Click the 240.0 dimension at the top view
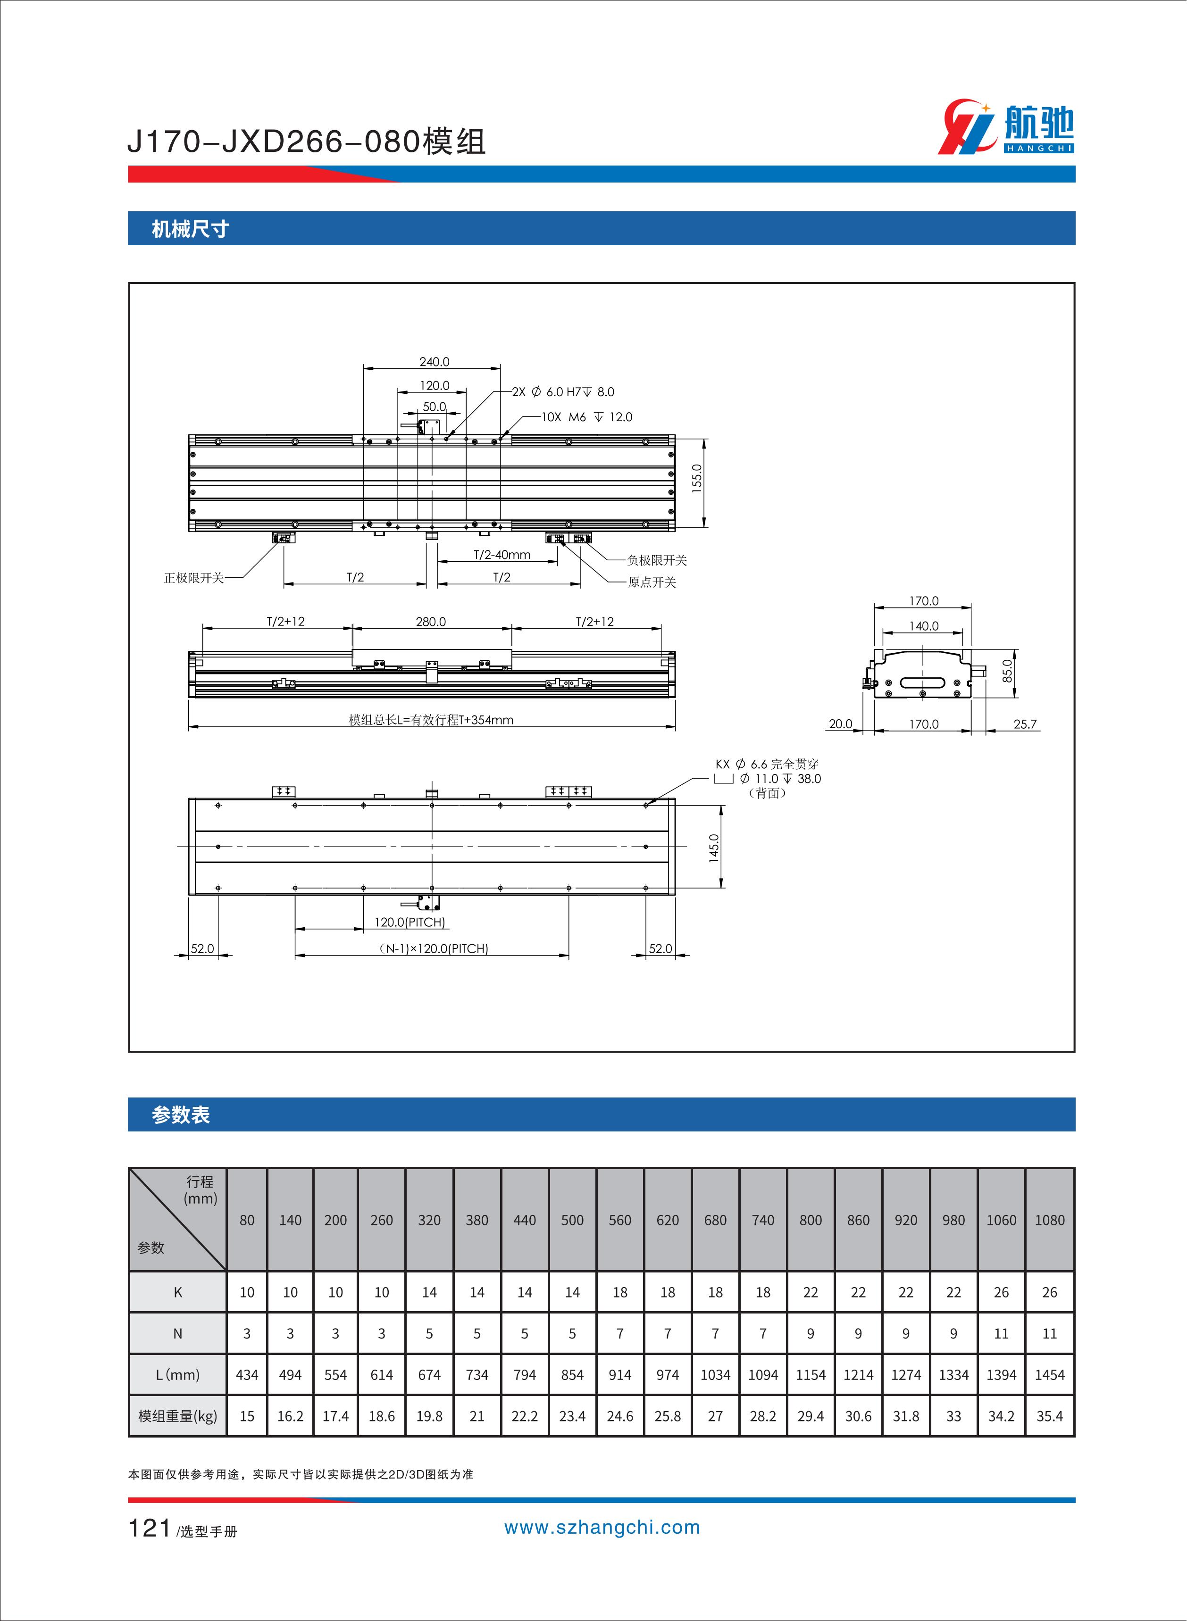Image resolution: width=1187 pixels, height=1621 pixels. coord(434,362)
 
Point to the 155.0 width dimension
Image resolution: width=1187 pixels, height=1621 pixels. coord(696,478)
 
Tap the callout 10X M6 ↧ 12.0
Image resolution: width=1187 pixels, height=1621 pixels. coord(586,417)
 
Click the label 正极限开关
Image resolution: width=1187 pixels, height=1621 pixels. coord(193,578)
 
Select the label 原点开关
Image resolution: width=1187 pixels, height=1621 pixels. coord(652,582)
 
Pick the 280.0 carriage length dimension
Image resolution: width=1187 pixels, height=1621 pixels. coord(431,622)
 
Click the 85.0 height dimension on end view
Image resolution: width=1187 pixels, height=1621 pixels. coord(1007,671)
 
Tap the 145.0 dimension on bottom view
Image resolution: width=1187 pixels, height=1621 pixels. coord(713,848)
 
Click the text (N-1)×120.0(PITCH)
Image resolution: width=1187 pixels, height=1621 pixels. coord(433,949)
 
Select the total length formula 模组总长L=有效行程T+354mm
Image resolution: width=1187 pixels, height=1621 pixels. coord(431,720)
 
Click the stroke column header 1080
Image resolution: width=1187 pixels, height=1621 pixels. coord(1049,1220)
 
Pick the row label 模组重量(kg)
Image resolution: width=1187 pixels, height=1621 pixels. coord(177,1416)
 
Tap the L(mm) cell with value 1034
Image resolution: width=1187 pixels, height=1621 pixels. coord(715,1375)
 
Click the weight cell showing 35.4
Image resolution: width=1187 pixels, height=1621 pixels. coord(1049,1416)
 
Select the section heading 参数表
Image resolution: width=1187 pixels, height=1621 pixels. coord(180,1114)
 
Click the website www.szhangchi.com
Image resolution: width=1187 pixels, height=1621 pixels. coord(602,1528)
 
